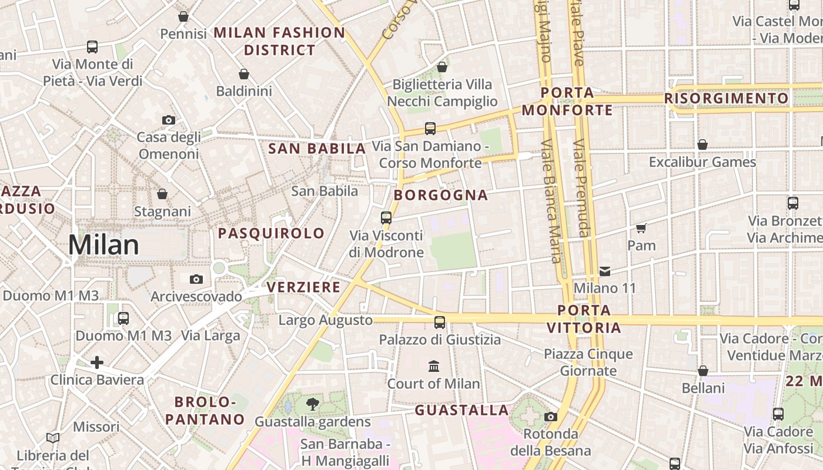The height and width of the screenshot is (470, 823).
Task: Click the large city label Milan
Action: [x=103, y=245]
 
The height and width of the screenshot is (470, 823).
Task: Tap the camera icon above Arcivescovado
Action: [x=196, y=279]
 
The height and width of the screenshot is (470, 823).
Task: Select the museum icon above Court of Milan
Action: [x=434, y=367]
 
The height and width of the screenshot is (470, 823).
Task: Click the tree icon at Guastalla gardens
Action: [x=312, y=404]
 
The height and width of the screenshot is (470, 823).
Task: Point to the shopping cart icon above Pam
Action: [x=641, y=227]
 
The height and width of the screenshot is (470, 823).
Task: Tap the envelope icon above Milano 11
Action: [x=605, y=271]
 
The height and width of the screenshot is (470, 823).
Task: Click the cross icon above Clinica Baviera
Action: [x=97, y=362]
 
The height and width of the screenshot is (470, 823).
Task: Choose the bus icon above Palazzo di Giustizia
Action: [x=439, y=322]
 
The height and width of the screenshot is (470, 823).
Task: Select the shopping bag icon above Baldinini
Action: [x=244, y=74]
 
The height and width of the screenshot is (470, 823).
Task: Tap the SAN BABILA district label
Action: [x=317, y=149]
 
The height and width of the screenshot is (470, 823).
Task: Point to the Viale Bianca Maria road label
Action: [x=550, y=200]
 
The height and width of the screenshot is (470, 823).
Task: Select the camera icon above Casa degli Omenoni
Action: [x=169, y=120]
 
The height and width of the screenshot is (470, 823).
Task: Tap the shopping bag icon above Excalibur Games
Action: [x=702, y=145]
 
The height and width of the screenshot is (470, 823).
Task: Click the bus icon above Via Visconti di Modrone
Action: [x=386, y=217]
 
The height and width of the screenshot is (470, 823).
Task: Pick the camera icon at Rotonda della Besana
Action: [x=550, y=417]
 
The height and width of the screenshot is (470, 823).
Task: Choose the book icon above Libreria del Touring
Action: [x=53, y=438]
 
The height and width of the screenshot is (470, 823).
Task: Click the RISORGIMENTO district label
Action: [x=727, y=98]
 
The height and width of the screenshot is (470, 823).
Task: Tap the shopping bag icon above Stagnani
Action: [x=162, y=194]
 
